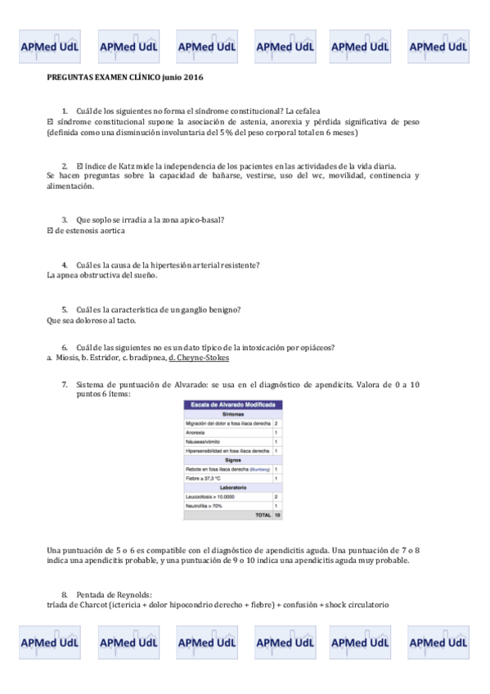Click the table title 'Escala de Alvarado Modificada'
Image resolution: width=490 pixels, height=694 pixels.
(233, 404)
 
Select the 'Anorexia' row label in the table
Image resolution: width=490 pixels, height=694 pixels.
(196, 431)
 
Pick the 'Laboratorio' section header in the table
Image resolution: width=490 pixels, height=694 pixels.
(233, 488)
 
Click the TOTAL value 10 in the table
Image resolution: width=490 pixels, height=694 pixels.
(276, 516)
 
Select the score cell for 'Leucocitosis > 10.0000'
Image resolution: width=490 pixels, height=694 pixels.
(276, 497)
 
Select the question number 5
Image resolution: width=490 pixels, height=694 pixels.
(65, 310)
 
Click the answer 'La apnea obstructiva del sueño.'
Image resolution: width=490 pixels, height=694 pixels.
(101, 275)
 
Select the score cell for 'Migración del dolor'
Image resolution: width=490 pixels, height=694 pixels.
(276, 422)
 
